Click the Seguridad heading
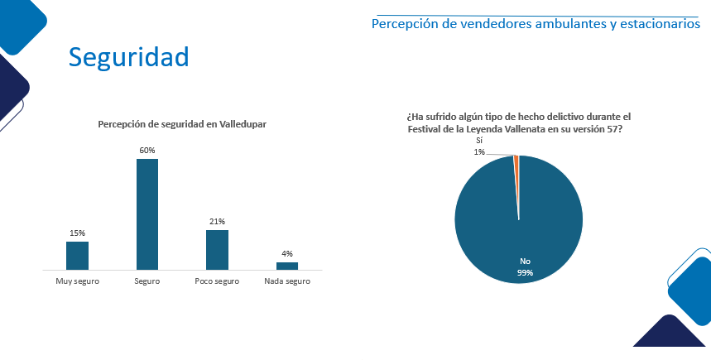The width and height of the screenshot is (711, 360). tap(128, 56)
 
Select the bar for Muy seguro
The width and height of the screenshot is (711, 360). tap(77, 255)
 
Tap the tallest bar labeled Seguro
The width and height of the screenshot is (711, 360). tap(147, 214)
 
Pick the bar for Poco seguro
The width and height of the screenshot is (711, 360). tap(217, 249)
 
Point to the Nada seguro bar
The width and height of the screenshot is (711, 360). tap(287, 266)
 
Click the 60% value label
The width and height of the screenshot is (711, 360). tap(147, 151)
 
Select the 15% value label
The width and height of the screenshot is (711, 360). tap(77, 233)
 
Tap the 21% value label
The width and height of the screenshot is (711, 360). tap(217, 222)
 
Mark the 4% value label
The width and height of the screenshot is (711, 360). tap(287, 254)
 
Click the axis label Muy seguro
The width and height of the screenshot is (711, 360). tap(77, 281)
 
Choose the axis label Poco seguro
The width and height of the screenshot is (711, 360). tap(217, 281)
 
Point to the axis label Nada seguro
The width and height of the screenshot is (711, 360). tap(287, 281)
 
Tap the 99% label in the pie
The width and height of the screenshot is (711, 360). tap(526, 272)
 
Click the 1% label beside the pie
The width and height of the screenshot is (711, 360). tap(479, 151)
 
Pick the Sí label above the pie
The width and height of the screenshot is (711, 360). tap(479, 142)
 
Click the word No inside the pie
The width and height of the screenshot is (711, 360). tap(525, 262)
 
